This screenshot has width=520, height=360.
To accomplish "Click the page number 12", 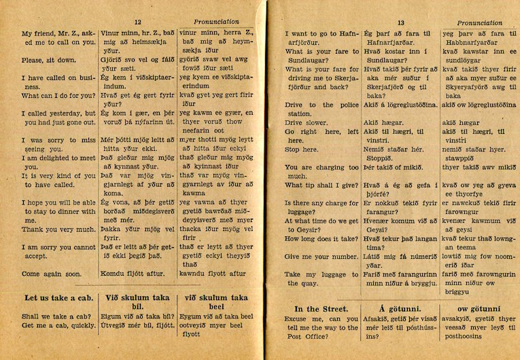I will [138, 22].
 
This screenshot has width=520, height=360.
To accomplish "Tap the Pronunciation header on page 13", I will [480, 22].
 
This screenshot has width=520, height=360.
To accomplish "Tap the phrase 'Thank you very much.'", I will [58, 229].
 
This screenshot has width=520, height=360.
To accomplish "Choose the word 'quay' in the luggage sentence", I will [309, 283].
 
